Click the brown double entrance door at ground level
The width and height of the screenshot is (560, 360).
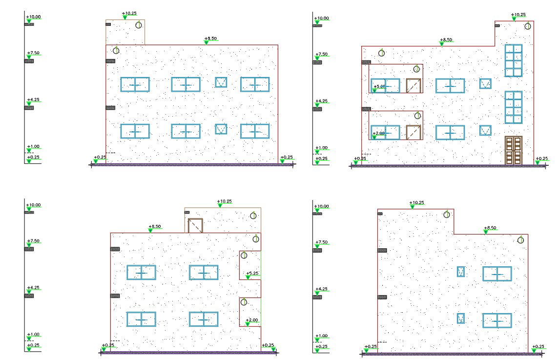pos(514,150)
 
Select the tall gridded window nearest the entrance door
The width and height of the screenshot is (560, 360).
pos(514,107)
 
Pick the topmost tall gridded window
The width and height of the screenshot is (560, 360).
pos(514,60)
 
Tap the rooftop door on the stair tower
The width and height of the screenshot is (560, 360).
pos(195,225)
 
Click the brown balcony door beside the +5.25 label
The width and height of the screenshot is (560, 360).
pos(414,85)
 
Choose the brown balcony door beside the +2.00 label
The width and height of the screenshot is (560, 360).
pos(414,132)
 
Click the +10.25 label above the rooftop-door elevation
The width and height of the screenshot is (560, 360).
pos(224,201)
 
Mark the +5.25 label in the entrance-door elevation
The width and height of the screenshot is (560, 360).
pos(379,87)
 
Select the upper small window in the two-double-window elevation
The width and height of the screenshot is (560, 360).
pos(460,272)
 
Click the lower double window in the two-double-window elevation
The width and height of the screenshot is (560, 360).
pos(497,320)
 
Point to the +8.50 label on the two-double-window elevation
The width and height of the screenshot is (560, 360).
pos(490,228)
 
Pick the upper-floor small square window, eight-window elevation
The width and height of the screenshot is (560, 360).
pos(221,82)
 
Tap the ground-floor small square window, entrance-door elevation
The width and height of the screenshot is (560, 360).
pos(485,130)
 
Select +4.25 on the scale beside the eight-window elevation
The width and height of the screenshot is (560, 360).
pos(33,100)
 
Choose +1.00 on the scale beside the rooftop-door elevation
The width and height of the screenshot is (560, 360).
pos(33,335)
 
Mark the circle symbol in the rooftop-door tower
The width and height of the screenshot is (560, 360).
pos(253,216)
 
